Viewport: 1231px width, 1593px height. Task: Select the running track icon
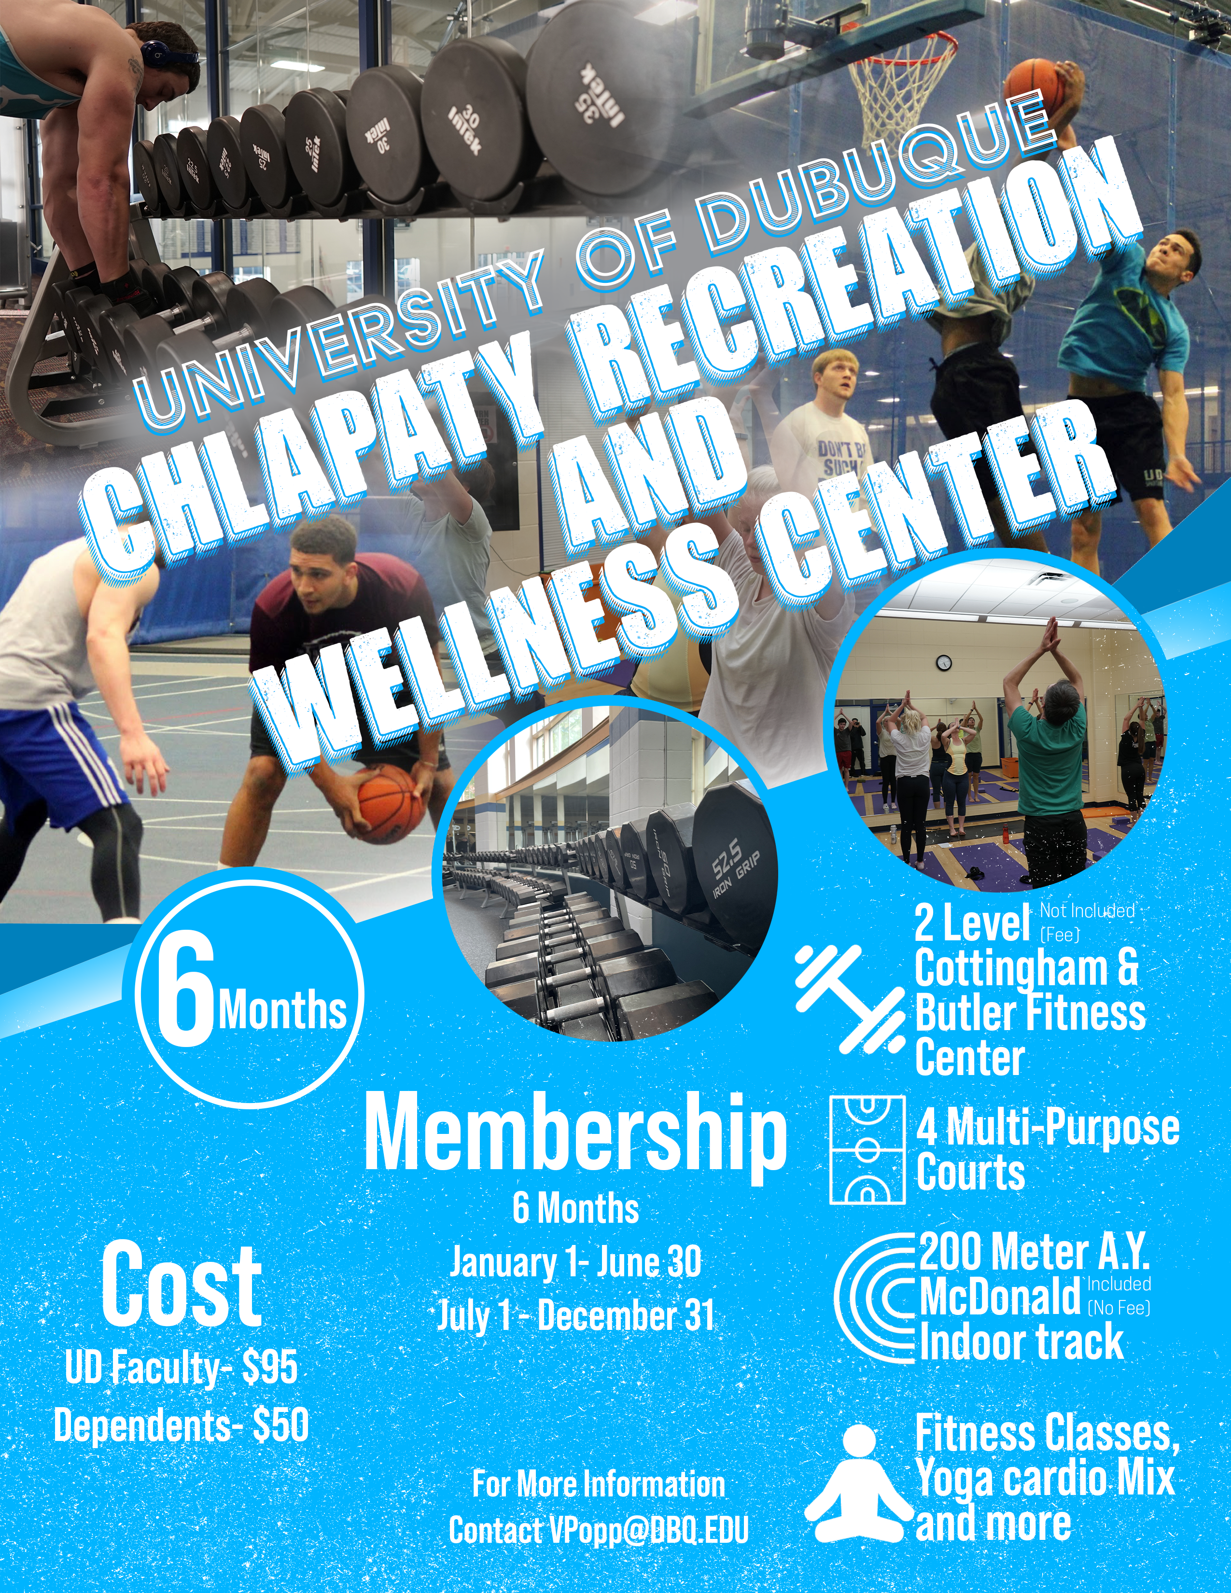tap(874, 1299)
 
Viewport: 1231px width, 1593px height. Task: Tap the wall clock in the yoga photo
tap(944, 662)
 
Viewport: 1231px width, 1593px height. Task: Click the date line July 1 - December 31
tap(575, 1316)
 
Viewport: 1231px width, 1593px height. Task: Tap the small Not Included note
tap(1087, 910)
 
